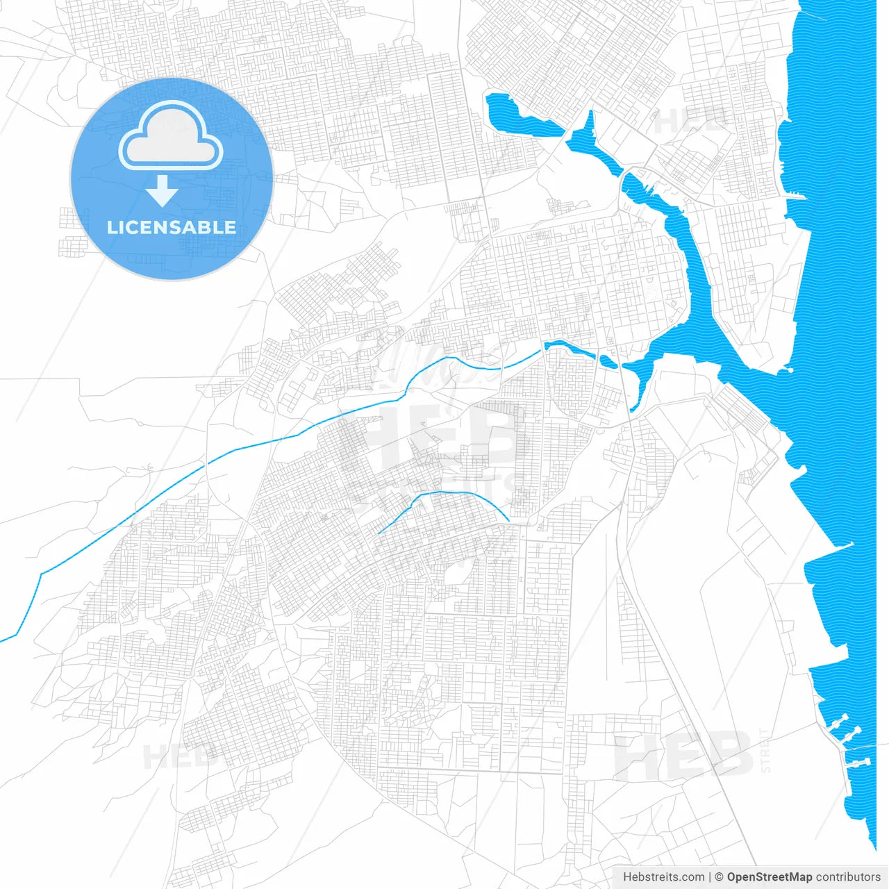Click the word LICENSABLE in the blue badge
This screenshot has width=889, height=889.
pyautogui.click(x=172, y=227)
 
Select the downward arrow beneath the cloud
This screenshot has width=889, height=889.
pyautogui.click(x=163, y=191)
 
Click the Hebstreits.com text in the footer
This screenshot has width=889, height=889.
pyautogui.click(x=663, y=877)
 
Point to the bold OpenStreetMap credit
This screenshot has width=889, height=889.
pyautogui.click(x=769, y=877)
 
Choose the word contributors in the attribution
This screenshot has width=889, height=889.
pyautogui.click(x=848, y=877)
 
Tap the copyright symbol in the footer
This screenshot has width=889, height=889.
pyautogui.click(x=720, y=877)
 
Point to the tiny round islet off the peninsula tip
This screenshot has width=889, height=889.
pyautogui.click(x=790, y=369)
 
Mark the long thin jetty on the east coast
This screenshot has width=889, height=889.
pyautogui.click(x=830, y=549)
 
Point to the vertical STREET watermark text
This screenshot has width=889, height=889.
pyautogui.click(x=765, y=750)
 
